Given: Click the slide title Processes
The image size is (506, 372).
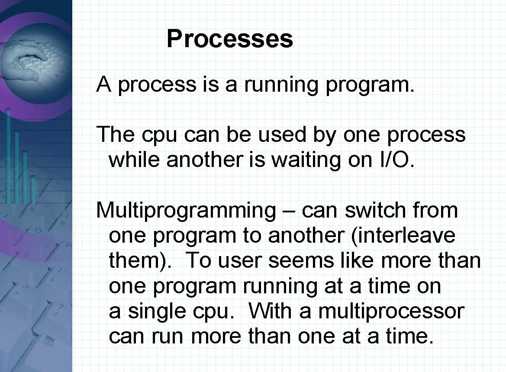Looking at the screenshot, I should [x=229, y=38].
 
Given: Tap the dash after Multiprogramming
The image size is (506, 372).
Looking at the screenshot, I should [x=288, y=211].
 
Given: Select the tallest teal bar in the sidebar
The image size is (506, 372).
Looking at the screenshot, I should [x=8, y=156].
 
